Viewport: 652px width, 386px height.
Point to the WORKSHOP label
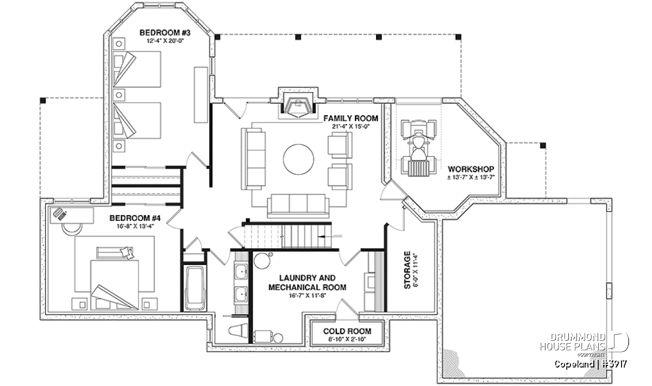[x=471, y=168]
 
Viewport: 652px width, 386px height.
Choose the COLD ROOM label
[x=347, y=331]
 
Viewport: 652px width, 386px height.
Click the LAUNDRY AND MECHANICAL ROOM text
[x=308, y=282]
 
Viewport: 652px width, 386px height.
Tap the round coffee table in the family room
[x=298, y=159]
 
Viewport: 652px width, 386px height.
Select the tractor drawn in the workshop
[x=418, y=147]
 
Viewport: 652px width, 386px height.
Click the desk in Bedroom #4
[x=71, y=213]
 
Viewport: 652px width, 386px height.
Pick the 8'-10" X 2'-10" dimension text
[x=347, y=339]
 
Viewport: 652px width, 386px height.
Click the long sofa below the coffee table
[x=298, y=205]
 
